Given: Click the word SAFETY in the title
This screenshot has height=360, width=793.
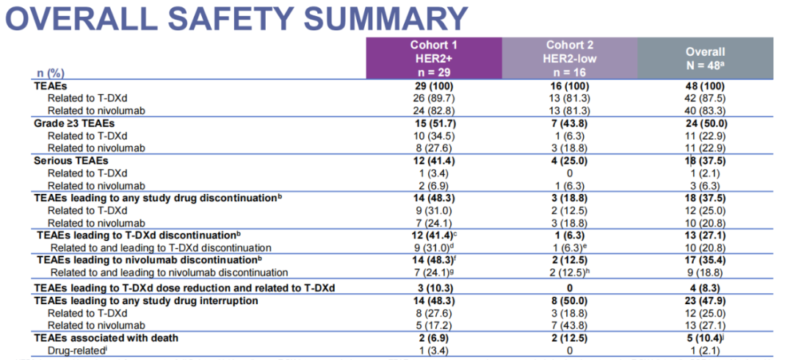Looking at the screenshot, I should pos(238,19).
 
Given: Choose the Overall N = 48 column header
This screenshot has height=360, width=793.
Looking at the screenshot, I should pos(705,58).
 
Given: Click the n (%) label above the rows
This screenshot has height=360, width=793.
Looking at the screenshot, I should pos(50,73).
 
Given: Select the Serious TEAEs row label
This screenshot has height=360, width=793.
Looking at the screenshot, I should pos(71,159).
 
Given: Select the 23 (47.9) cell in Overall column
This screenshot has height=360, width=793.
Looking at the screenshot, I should pos(705,300).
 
